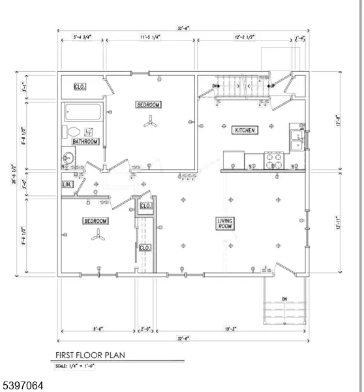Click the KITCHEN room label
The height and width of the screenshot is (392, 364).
click(x=245, y=131)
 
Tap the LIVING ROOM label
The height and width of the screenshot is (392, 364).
click(x=225, y=223)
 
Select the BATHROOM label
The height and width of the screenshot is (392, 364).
click(x=85, y=141)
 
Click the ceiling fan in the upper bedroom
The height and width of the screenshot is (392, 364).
click(x=151, y=121)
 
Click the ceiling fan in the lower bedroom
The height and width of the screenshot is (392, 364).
click(x=99, y=238)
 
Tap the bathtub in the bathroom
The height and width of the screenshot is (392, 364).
click(x=82, y=112)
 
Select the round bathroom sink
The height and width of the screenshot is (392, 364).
click(x=68, y=157)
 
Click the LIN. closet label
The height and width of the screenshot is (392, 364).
click(x=68, y=186)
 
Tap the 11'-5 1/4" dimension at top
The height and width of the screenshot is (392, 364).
click(x=151, y=39)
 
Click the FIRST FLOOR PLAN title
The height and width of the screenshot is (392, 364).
click(x=90, y=356)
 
